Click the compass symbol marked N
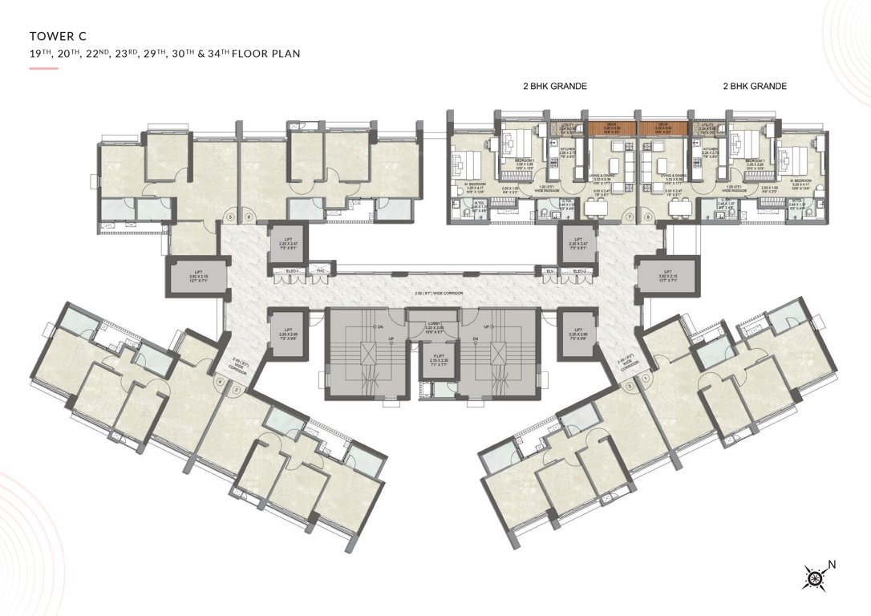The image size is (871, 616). pos(815,575)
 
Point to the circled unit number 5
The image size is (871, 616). pos(230,216)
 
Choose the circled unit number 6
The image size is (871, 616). pos(249,216)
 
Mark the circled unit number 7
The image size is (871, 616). pos(630,216)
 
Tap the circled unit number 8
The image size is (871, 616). pos(648,216)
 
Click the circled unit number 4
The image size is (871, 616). pos(219,381)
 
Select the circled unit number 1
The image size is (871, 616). pos(646,380)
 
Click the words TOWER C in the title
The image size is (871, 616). pos(57,35)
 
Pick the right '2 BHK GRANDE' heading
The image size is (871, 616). pos(754,86)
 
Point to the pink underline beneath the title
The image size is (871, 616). pos(43,69)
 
